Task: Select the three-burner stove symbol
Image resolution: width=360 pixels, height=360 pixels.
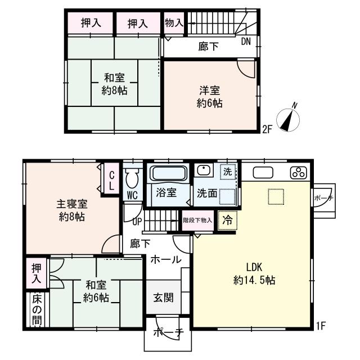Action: pos(299,173)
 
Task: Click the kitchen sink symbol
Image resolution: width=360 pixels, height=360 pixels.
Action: pos(263,173)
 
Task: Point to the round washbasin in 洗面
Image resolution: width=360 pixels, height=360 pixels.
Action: pos(204,170)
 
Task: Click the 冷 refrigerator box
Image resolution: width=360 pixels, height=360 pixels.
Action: pos(227,220)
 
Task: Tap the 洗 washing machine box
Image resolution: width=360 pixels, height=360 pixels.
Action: pos(228,172)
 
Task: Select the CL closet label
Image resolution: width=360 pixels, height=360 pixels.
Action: pos(111,181)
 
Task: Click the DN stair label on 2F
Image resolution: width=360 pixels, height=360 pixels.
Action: pos(246,42)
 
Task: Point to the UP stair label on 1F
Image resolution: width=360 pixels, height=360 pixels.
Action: pos(137,222)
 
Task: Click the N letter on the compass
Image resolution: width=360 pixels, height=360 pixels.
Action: pos(295,106)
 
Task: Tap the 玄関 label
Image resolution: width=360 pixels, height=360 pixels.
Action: pos(163,298)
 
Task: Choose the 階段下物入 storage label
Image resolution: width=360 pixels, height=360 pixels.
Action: pos(197,220)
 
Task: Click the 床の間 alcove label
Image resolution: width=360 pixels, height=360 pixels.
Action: pos(37,310)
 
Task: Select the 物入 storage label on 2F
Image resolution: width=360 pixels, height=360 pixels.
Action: pos(174,22)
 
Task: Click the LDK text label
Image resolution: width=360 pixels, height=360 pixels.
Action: pos(254,267)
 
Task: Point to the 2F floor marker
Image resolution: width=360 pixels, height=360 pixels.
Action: pos(267,130)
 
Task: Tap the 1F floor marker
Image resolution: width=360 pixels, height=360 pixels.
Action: pos(321,326)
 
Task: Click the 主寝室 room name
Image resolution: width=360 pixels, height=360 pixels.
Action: pos(72,204)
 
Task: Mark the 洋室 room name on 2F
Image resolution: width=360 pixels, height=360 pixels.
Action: pos(209,91)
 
